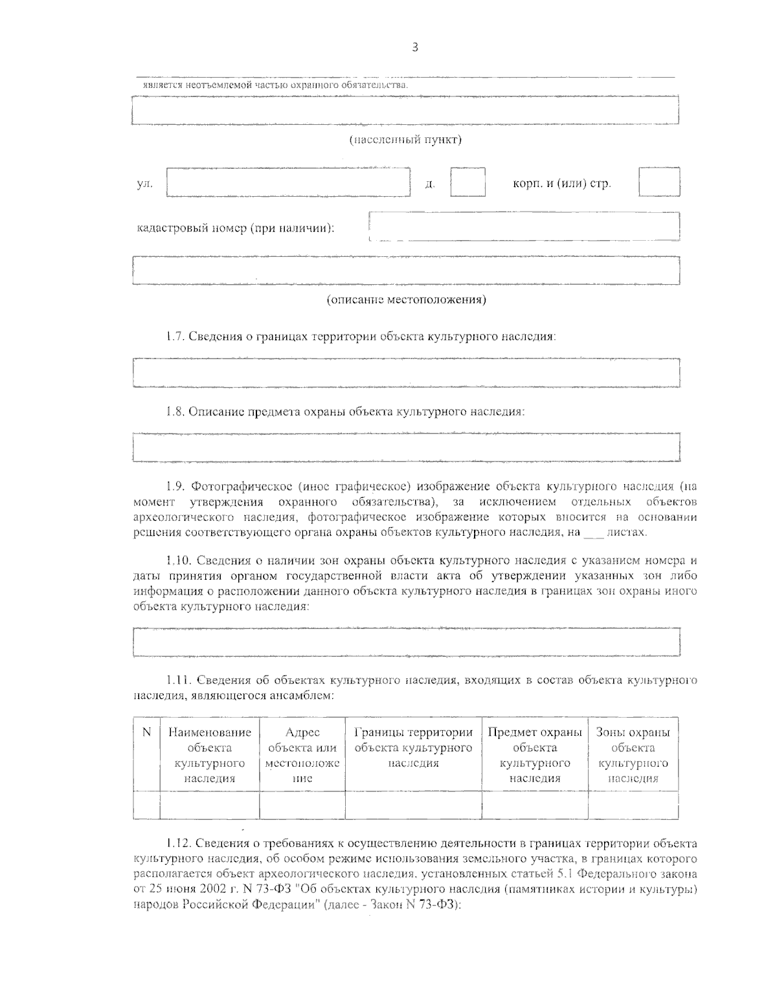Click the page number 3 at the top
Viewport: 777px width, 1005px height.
414,47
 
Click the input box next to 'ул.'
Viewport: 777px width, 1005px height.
289,182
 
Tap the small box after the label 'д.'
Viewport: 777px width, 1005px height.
467,182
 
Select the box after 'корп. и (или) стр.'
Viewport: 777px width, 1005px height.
659,182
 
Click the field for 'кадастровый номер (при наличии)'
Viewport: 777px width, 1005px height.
524,226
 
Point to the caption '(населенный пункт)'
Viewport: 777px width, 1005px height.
405,140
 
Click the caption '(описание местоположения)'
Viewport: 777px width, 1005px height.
406,300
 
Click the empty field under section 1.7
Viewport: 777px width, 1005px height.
405,372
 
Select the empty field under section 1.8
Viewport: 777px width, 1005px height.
405,447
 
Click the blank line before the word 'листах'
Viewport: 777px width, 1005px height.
592,533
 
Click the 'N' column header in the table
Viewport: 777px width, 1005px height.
146,733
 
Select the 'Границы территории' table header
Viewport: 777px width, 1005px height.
413,733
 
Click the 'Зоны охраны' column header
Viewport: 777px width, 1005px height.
633,733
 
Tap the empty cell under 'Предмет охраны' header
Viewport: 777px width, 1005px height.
534,805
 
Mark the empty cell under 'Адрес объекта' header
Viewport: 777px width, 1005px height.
302,805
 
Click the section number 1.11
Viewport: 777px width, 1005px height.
176,680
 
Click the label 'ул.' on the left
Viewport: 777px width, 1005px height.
144,184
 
